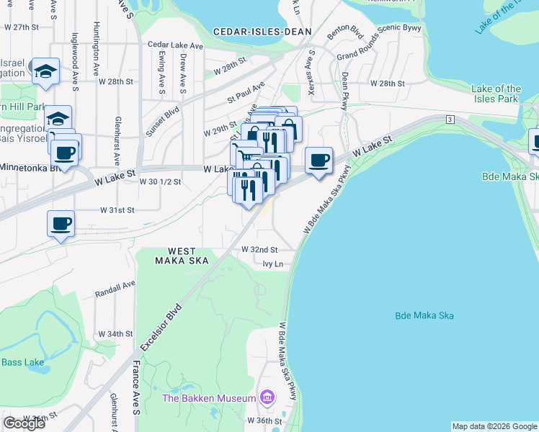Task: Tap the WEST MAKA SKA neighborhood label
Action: click(x=174, y=256)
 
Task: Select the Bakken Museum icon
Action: click(x=267, y=397)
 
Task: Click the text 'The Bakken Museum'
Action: click(x=209, y=398)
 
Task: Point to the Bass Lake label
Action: click(x=22, y=361)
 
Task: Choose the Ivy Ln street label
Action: click(x=272, y=265)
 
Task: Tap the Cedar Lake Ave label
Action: click(x=176, y=45)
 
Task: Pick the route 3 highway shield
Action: click(x=449, y=118)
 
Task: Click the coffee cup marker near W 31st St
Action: click(x=61, y=223)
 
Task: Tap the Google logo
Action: click(x=24, y=423)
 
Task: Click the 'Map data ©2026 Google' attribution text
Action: click(x=494, y=426)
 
